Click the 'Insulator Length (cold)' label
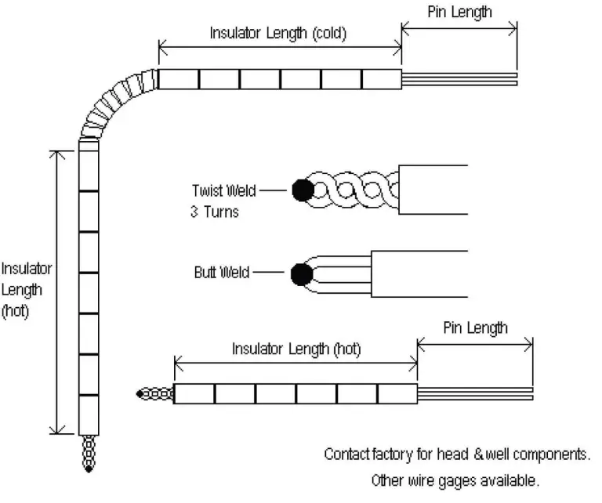coord(277,34)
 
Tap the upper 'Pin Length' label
coord(459,12)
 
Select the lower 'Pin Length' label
coord(475,327)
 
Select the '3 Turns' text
coord(214,212)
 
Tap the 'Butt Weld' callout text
coord(221,273)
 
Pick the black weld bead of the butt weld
coord(300,274)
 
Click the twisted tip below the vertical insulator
coord(88,454)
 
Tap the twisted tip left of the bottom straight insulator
coord(153,393)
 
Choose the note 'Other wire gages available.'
coord(455,479)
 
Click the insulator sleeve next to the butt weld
coord(419,273)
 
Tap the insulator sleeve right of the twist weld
coord(433,190)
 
